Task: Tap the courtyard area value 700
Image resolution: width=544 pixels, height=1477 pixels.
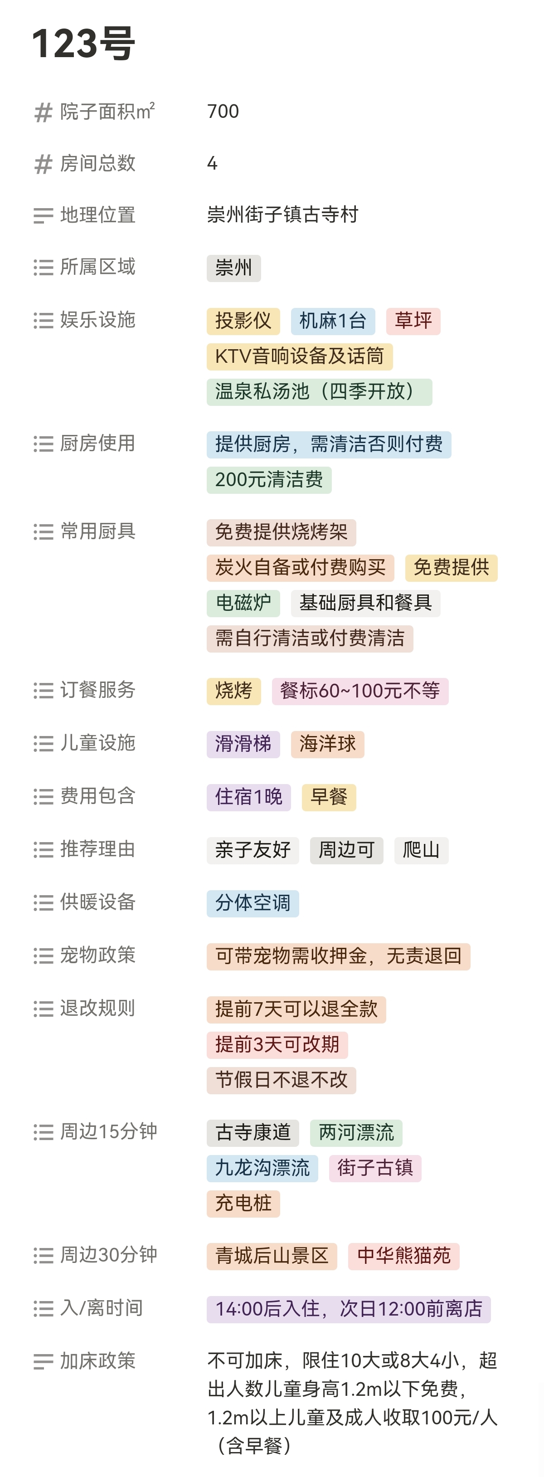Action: coord(223,111)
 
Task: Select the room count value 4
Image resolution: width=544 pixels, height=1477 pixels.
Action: coord(212,163)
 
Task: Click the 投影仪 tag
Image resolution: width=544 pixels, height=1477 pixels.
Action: coord(243,321)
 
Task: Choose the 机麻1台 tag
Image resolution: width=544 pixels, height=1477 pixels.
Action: coord(332,321)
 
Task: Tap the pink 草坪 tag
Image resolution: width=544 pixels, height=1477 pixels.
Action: coord(413,321)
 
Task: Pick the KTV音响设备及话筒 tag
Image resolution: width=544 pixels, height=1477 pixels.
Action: coord(299,356)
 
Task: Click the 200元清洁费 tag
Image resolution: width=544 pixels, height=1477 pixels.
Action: coord(269,480)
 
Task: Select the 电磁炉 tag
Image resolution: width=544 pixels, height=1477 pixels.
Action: coord(243,603)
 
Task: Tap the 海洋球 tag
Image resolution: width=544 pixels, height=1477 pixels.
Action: coord(327,744)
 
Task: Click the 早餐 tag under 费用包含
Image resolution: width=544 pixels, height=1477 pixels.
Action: coord(329,797)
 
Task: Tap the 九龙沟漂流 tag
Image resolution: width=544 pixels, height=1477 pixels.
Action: coord(262,1168)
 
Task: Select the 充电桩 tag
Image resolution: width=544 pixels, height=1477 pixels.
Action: coord(243,1204)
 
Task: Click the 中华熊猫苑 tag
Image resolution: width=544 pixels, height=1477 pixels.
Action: coord(403,1256)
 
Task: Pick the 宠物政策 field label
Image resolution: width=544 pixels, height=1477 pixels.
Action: coord(97,955)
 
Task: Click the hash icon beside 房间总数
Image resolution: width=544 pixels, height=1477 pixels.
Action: coord(43,165)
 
